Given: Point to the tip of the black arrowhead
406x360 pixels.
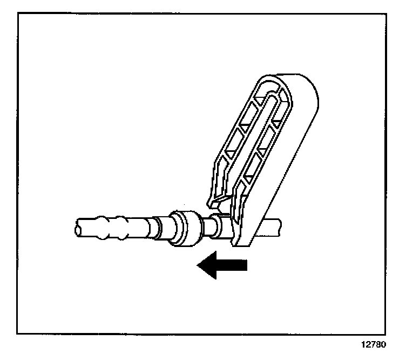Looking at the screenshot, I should click(198, 265).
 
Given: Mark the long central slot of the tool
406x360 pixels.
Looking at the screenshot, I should click(254, 141).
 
